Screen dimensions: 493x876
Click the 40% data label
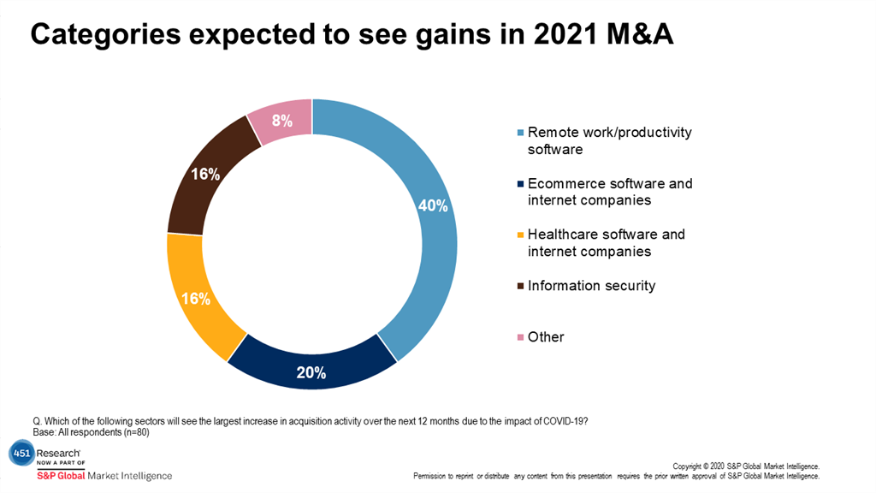tap(433, 205)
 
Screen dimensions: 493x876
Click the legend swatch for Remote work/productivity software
tap(521, 134)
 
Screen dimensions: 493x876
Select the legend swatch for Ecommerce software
tap(521, 185)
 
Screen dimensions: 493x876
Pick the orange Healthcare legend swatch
tap(521, 235)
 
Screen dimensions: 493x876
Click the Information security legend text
tap(591, 286)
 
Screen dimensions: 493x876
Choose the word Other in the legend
tap(546, 337)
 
